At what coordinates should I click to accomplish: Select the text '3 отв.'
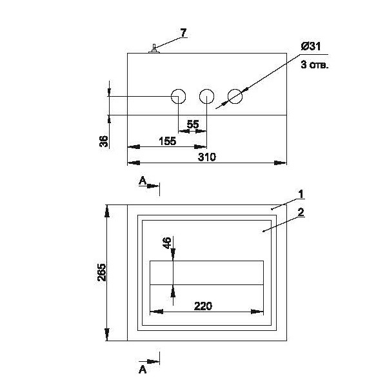point(314,65)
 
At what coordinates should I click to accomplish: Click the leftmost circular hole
point(178,97)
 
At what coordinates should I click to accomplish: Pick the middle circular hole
point(206,97)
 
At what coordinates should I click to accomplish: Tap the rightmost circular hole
point(235,97)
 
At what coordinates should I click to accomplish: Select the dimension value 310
point(206,157)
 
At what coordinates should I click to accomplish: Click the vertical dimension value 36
point(104,141)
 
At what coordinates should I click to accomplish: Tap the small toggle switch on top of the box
point(154,49)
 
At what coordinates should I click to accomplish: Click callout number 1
point(301,193)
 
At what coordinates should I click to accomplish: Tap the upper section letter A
point(143,182)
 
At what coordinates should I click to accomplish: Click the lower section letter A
point(143,370)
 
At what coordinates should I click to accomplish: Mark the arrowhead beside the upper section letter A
point(155,186)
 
